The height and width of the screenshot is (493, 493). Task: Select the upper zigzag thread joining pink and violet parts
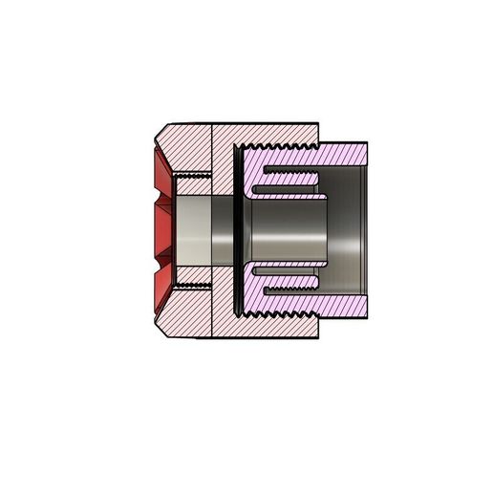[282, 145]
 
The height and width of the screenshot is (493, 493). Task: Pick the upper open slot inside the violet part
[291, 176]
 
